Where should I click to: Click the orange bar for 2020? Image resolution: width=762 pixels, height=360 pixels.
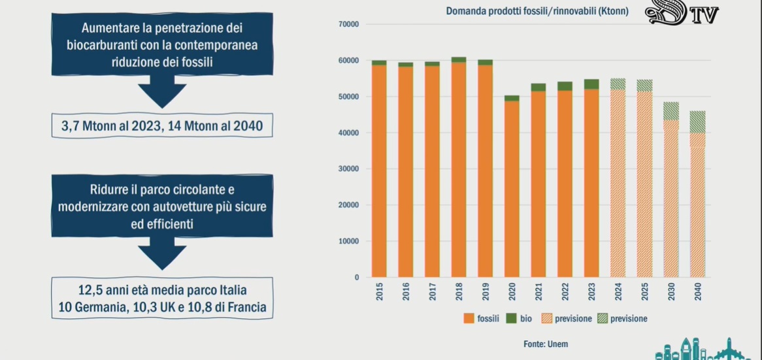(512, 189)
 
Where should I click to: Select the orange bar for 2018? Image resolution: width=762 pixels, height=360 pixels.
(459, 170)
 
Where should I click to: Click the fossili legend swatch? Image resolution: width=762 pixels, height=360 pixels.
(469, 319)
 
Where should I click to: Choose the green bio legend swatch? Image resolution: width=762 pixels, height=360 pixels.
(512, 319)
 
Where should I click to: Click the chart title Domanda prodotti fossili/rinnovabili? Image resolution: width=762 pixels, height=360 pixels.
(537, 11)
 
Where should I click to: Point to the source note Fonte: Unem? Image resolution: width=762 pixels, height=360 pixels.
(546, 344)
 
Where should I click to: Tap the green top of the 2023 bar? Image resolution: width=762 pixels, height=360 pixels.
(591, 84)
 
